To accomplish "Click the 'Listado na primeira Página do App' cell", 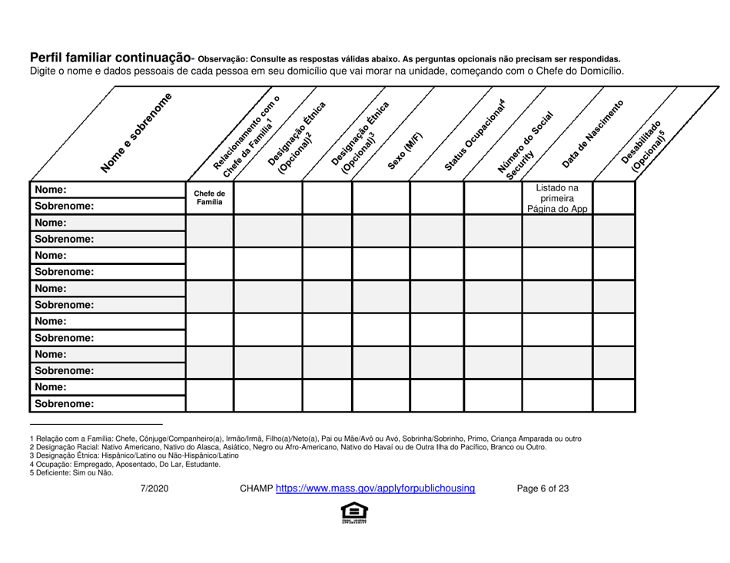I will [556, 198].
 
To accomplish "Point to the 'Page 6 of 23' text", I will [543, 487].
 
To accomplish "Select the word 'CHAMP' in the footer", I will [255, 487].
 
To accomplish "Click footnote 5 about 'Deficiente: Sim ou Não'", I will [71, 473].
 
